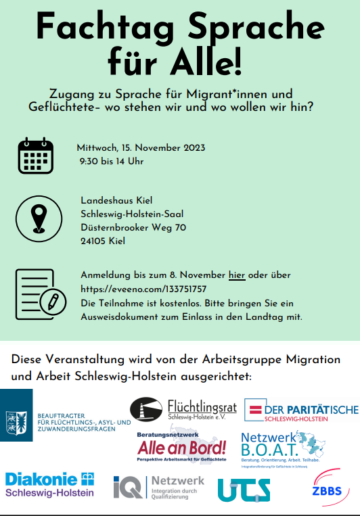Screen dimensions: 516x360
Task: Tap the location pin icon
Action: click(x=38, y=218)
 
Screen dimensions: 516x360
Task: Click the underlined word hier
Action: click(x=236, y=275)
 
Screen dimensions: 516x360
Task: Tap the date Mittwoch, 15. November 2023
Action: click(x=141, y=147)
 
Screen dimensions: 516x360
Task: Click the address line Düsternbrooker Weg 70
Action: click(x=133, y=227)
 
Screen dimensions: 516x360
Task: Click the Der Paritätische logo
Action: click(x=301, y=411)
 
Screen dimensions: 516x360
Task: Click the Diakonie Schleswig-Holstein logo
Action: click(x=49, y=485)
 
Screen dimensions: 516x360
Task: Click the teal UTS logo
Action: click(x=244, y=489)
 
